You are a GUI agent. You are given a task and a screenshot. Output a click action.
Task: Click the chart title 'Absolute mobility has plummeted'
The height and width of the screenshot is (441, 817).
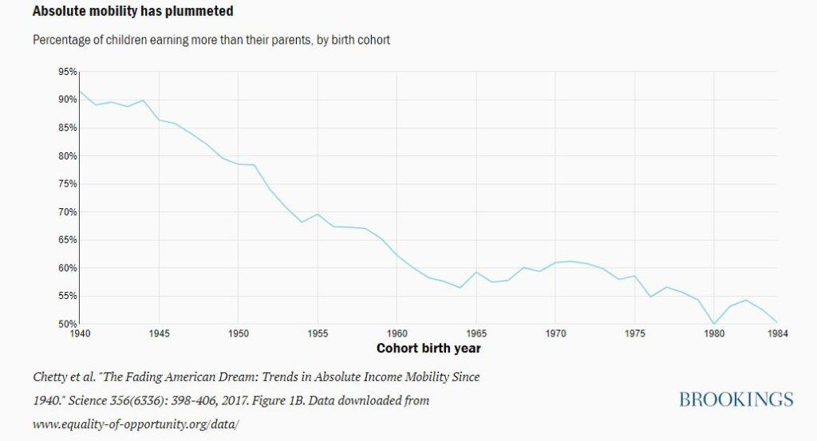122,13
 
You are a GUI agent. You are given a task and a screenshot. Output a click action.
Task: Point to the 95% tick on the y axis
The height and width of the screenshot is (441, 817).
67,72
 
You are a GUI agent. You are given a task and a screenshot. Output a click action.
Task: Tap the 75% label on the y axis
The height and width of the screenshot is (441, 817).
67,184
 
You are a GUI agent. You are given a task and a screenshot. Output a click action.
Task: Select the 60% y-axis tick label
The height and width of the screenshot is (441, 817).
67,268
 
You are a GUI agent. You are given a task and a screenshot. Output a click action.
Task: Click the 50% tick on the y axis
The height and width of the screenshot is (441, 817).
67,324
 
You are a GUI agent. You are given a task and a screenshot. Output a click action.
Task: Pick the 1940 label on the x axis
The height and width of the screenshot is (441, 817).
79,333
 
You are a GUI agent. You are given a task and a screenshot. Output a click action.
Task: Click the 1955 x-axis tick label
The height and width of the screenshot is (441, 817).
318,333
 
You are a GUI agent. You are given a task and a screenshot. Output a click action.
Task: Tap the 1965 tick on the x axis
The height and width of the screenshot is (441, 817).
476,333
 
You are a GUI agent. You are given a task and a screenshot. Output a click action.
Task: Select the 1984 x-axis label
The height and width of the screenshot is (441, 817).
777,333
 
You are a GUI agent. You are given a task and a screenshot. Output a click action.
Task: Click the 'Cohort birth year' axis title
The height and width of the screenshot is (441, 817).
428,348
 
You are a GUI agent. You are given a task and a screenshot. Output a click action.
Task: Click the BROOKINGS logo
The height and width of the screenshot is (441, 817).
736,400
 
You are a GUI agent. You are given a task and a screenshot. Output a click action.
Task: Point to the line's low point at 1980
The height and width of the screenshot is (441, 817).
714,324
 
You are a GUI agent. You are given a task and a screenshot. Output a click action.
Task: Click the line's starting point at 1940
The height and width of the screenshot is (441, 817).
80,91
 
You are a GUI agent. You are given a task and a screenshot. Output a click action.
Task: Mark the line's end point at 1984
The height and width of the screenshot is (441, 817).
777,321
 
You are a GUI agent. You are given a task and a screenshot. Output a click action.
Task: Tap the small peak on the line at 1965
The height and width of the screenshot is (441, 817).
476,272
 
